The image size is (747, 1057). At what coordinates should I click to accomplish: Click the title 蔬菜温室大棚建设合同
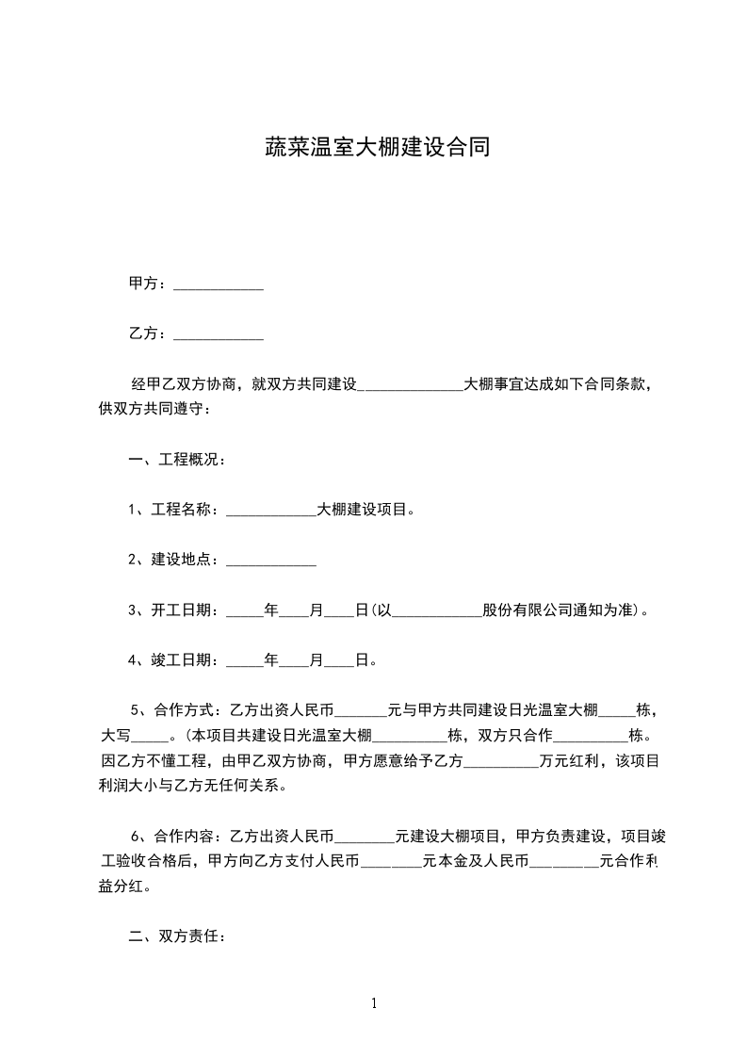coord(375,148)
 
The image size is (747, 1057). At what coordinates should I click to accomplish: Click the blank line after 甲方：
coord(219,285)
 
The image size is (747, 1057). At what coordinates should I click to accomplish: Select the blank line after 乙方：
coord(219,335)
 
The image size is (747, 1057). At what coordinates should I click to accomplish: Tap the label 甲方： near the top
coord(148,284)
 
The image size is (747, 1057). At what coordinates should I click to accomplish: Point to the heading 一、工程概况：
coord(175,460)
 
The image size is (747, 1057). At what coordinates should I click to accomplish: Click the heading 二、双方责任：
coord(175,936)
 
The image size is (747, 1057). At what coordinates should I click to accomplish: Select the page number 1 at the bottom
coord(374,1003)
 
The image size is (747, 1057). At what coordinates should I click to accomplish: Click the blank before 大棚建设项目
coord(271,512)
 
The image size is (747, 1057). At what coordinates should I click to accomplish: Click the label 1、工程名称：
coord(176,510)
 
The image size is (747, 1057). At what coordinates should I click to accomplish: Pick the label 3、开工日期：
coord(176,610)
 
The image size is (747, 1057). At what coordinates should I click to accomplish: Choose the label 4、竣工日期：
coord(176,659)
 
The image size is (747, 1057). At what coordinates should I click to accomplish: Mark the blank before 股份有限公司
coord(436,611)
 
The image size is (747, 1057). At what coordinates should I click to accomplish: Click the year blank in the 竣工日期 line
coord(246,661)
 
